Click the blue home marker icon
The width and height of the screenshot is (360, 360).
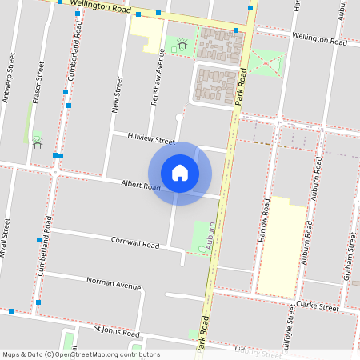pyautogui.click(x=180, y=173)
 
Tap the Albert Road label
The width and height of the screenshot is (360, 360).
pyautogui.click(x=141, y=185)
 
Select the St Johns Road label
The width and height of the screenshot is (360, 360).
pyautogui.click(x=117, y=330)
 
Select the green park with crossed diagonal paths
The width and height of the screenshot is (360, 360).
pyautogui.click(x=266, y=62)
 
